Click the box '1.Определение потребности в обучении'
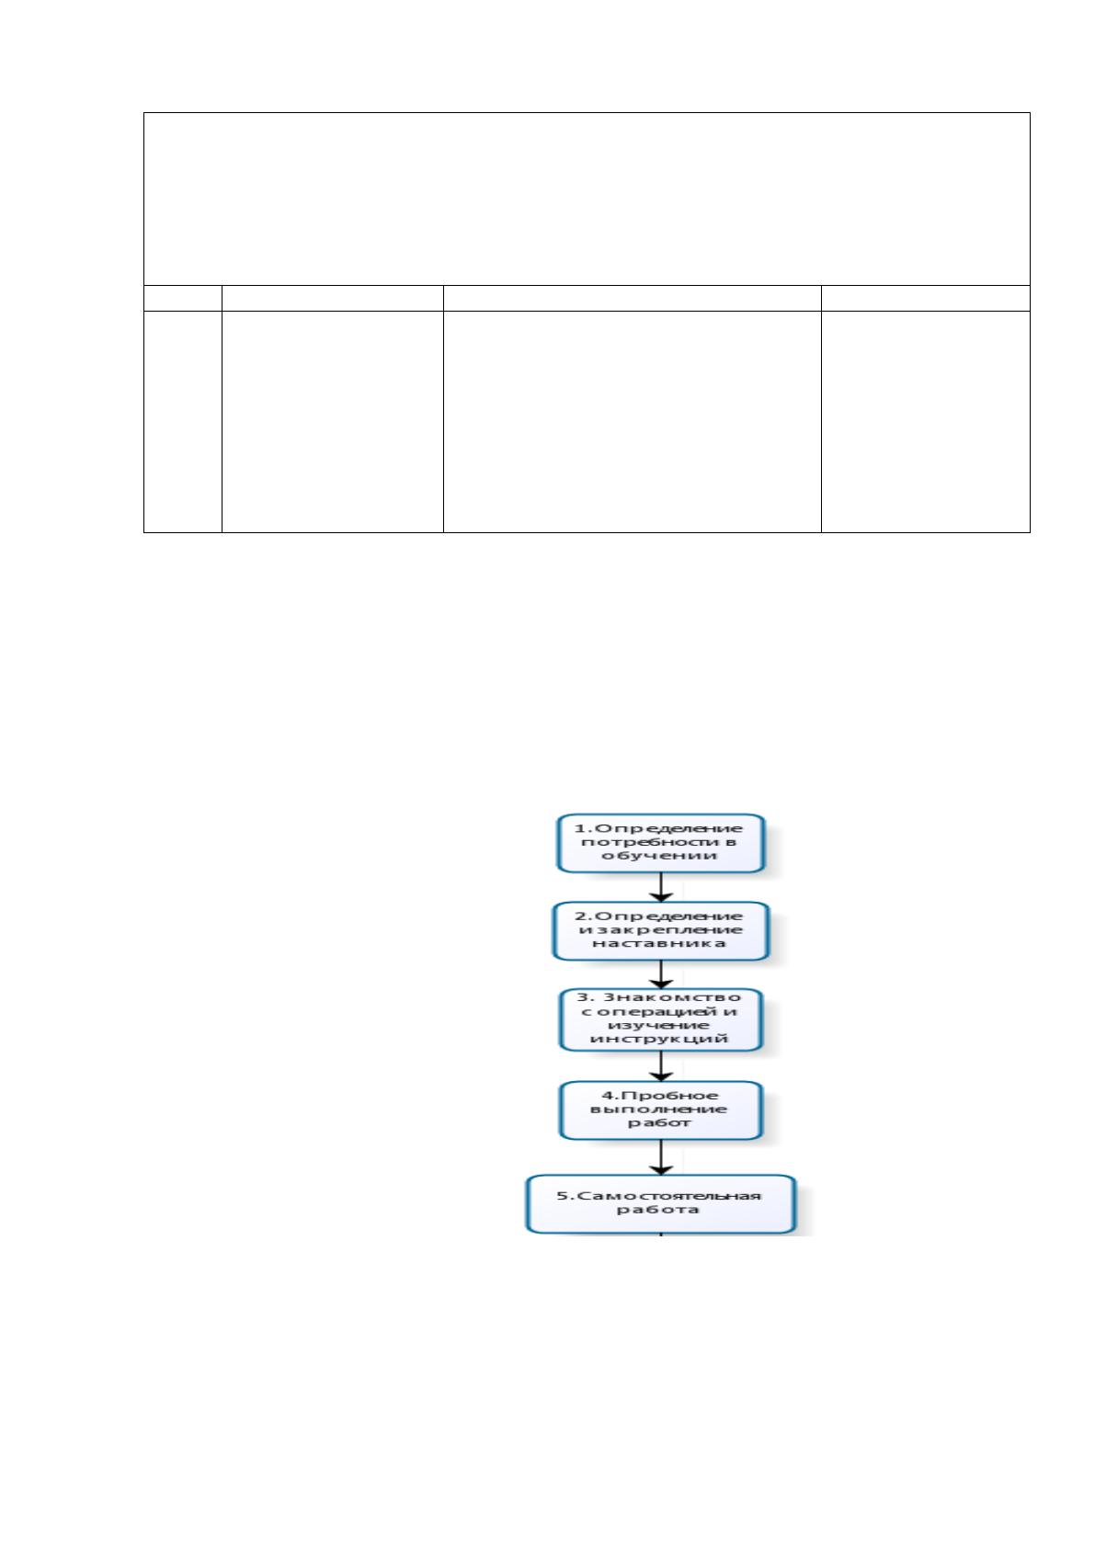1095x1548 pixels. [x=660, y=842]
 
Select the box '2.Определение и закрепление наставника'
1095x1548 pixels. [x=660, y=930]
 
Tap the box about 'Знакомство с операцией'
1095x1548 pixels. [x=660, y=1019]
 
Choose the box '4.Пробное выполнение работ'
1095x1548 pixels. [x=660, y=1110]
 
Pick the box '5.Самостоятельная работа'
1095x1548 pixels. [x=660, y=1203]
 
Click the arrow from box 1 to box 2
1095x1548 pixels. [x=661, y=887]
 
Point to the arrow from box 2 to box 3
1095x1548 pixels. [x=661, y=974]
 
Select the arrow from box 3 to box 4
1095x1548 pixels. [x=661, y=1066]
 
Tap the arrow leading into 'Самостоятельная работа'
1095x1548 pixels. [x=661, y=1156]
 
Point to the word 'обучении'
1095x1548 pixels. [x=659, y=856]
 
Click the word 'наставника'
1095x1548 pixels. [x=659, y=943]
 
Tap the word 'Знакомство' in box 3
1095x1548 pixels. [x=671, y=997]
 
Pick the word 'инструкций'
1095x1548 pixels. [x=659, y=1039]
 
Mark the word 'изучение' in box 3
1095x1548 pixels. [x=658, y=1025]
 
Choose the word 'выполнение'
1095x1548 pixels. [x=658, y=1110]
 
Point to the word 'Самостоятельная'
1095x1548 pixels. [x=667, y=1196]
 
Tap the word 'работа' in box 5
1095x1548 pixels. [x=657, y=1210]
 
